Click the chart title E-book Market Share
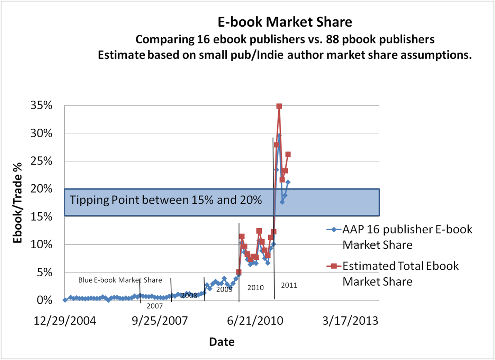(285, 22)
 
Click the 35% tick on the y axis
(41, 105)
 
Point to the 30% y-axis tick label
(41, 133)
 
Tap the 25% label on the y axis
(41, 161)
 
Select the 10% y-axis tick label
(41, 244)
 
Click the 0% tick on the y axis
(45, 300)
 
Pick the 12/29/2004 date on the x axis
(65, 321)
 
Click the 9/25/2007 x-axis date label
(160, 321)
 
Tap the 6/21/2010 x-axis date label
(255, 321)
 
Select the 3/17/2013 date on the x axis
(350, 321)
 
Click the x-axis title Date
(222, 342)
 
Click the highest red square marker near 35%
(279, 106)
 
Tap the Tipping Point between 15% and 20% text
(166, 200)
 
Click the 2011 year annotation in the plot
(289, 285)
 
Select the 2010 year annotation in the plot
(255, 287)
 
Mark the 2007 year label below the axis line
(154, 306)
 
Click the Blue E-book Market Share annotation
(120, 280)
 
